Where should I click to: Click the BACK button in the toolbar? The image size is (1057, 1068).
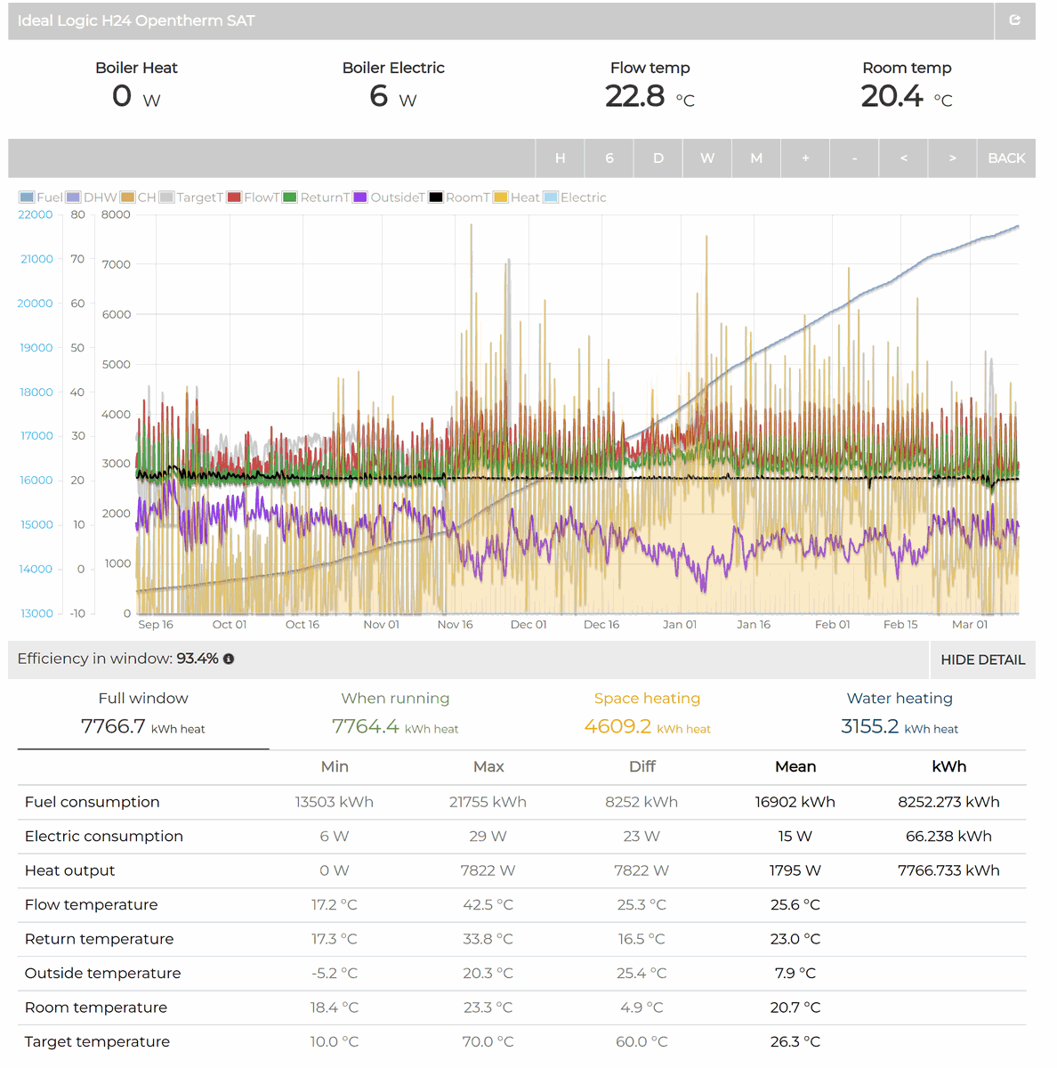click(x=1006, y=158)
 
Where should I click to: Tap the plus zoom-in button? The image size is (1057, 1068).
click(x=805, y=158)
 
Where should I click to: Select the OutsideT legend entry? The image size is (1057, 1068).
click(x=390, y=198)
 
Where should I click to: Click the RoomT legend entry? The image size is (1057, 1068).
click(x=460, y=198)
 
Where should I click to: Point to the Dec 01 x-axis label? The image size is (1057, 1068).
click(x=528, y=625)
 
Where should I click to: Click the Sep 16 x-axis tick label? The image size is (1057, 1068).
click(x=156, y=625)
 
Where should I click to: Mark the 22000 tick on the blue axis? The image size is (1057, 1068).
click(x=36, y=214)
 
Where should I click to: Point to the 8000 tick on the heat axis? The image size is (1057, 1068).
click(x=116, y=214)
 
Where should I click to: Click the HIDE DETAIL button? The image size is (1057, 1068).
click(x=982, y=659)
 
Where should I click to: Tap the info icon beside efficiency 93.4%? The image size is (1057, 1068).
click(x=229, y=659)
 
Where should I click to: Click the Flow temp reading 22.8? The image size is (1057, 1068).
click(x=635, y=96)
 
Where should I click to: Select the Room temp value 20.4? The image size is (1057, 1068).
click(x=892, y=96)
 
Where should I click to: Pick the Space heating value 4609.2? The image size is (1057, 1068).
click(x=617, y=726)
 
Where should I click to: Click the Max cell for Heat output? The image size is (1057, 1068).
click(x=488, y=870)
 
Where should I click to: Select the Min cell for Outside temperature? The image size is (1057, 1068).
click(x=335, y=974)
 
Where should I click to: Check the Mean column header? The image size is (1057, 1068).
click(x=795, y=767)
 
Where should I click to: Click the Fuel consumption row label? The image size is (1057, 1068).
click(x=93, y=802)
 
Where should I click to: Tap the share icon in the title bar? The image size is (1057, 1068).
click(x=1014, y=20)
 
